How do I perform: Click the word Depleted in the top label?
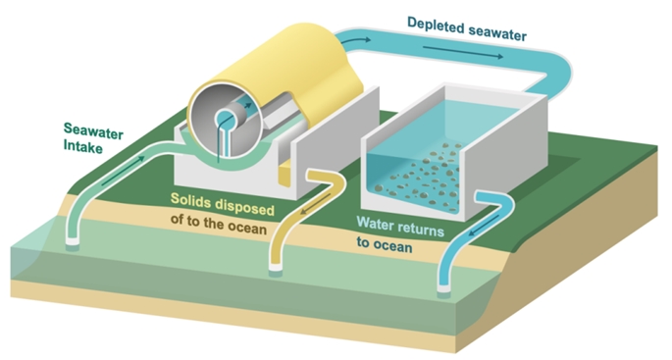click(435, 26)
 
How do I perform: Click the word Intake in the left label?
click(83, 146)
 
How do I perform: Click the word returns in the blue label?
click(418, 228)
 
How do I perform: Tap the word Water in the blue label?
click(373, 223)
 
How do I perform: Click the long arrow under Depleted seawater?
click(463, 52)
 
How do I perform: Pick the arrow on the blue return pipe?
click(483, 226)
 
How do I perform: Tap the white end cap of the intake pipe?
click(72, 241)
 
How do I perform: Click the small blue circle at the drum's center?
click(224, 118)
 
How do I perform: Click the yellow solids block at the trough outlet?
click(284, 175)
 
